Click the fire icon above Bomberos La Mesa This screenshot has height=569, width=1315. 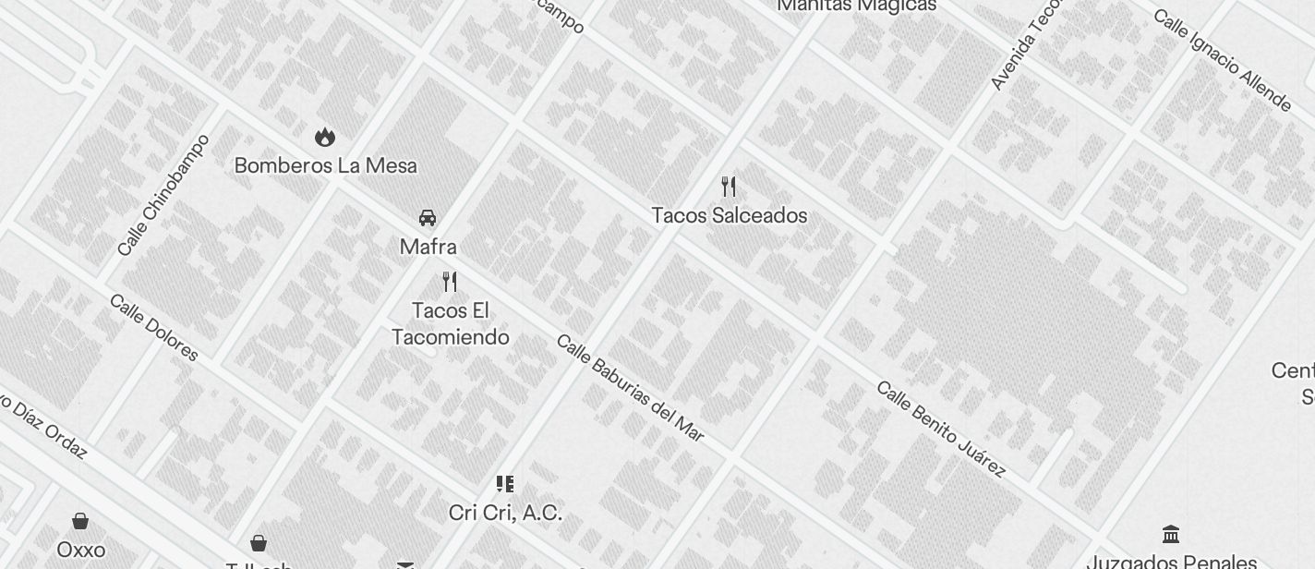pyautogui.click(x=324, y=138)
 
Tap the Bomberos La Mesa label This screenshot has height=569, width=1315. pyautogui.click(x=325, y=166)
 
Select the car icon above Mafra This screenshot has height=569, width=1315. pyautogui.click(x=428, y=218)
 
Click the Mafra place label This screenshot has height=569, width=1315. pyautogui.click(x=428, y=247)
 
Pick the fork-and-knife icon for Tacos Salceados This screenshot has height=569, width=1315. pyautogui.click(x=730, y=187)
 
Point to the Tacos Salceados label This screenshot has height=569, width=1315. pyautogui.click(x=730, y=215)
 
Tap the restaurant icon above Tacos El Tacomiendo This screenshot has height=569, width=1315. pyautogui.click(x=450, y=281)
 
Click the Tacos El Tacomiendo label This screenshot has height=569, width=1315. pyautogui.click(x=450, y=323)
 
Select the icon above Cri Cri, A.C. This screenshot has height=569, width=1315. pyautogui.click(x=505, y=483)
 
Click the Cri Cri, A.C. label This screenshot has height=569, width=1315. pyautogui.click(x=505, y=512)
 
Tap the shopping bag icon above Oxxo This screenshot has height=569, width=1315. pyautogui.click(x=80, y=521)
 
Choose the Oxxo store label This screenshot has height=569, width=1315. pyautogui.click(x=80, y=550)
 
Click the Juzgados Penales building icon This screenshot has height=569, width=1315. pyautogui.click(x=1171, y=534)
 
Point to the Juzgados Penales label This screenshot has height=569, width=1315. pyautogui.click(x=1171, y=561)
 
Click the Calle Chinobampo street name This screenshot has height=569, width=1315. pyautogui.click(x=163, y=195)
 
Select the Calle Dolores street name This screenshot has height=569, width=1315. pyautogui.click(x=153, y=327)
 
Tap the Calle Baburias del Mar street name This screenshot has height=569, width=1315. pyautogui.click(x=630, y=387)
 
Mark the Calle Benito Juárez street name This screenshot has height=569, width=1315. pyautogui.click(x=940, y=429)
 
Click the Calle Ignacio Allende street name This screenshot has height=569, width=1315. pyautogui.click(x=1221, y=60)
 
